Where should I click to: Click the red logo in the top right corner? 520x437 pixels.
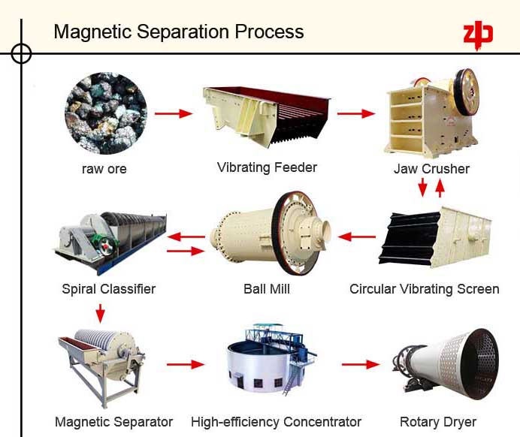[477, 35]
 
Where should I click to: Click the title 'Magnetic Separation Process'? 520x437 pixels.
[179, 32]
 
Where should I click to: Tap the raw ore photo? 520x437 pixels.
[105, 113]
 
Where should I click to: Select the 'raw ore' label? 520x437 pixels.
[104, 169]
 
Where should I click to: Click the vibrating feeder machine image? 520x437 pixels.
[267, 116]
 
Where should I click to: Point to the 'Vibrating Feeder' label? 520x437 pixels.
[267, 167]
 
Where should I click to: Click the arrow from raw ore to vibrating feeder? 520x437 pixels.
[173, 114]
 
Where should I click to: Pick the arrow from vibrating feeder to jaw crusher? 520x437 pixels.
[355, 114]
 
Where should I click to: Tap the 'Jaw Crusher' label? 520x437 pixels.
[431, 169]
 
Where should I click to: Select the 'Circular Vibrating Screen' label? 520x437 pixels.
[424, 289]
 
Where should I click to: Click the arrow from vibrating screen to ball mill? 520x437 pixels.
[356, 237]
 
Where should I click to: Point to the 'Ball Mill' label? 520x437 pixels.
[266, 289]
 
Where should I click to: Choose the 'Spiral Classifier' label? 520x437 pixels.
[109, 289]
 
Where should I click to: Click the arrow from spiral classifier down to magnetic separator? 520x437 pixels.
[100, 313]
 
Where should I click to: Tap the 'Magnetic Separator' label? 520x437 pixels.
[113, 422]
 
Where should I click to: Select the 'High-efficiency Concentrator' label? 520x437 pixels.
[276, 422]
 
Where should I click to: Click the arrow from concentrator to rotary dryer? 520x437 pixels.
[361, 365]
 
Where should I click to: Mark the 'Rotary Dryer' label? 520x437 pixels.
[437, 422]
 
